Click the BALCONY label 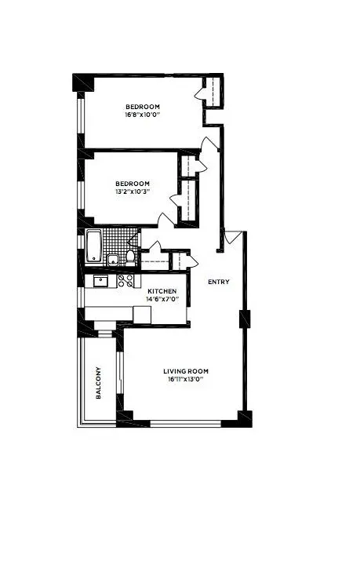pyautogui.click(x=99, y=382)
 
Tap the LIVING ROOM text pyautogui.click(x=186, y=371)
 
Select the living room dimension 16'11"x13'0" pyautogui.click(x=186, y=380)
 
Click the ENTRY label pyautogui.click(x=218, y=282)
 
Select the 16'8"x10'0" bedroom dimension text pyautogui.click(x=143, y=115)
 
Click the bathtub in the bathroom pyautogui.click(x=93, y=246)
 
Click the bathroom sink pyautogui.click(x=113, y=258)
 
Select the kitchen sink pyautogui.click(x=100, y=280)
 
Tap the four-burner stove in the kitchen pyautogui.click(x=125, y=280)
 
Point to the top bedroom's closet pyautogui.click(x=213, y=92)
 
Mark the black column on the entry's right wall pyautogui.click(x=245, y=319)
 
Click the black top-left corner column pyautogui.click(x=82, y=82)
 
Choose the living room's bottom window pyautogui.click(x=185, y=425)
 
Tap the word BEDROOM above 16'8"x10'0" pyautogui.click(x=143, y=106)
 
